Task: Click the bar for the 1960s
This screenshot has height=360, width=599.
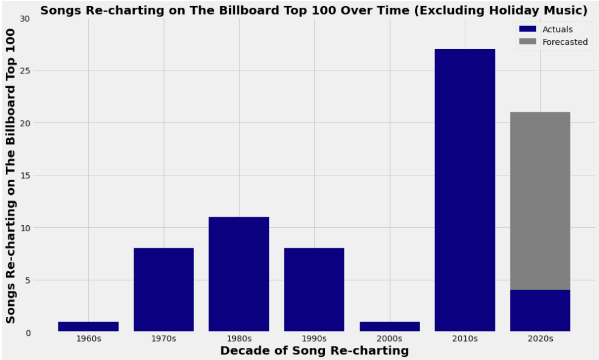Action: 88,327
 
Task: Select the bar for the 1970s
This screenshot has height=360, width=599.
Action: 163,290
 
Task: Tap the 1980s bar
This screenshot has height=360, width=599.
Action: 239,274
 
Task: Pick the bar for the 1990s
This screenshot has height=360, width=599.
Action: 314,290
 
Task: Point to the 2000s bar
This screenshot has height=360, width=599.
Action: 389,327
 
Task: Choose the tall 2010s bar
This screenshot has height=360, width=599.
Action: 465,190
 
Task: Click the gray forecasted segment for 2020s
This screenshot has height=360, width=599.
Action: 540,201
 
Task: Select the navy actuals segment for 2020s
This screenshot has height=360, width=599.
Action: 540,311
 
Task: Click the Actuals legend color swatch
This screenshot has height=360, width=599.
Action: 527,29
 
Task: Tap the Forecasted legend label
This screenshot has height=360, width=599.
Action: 565,42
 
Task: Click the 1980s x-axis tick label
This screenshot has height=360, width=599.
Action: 239,339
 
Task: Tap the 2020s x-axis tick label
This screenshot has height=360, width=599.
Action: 540,339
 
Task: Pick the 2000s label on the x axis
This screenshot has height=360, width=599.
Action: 389,339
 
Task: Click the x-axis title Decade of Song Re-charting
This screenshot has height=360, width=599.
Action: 314,351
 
